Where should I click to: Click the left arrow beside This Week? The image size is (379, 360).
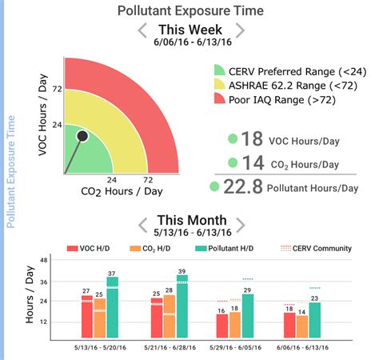pyautogui.click(x=142, y=31)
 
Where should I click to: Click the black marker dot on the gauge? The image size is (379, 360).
pyautogui.click(x=82, y=137)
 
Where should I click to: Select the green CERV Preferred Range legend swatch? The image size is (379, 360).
pyautogui.click(x=220, y=71)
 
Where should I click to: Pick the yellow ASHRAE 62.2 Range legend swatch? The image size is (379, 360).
pyautogui.click(x=220, y=86)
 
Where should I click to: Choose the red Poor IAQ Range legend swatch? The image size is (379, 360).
pyautogui.click(x=220, y=100)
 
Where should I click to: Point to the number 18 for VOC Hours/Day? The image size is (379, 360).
pyautogui.click(x=252, y=138)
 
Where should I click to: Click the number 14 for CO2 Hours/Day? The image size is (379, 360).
pyautogui.click(x=253, y=162)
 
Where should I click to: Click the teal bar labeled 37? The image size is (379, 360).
pyautogui.click(x=113, y=308)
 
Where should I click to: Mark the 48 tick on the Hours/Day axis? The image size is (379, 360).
pyautogui.click(x=44, y=262)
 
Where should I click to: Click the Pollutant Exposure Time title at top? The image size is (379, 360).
pyautogui.click(x=189, y=10)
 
